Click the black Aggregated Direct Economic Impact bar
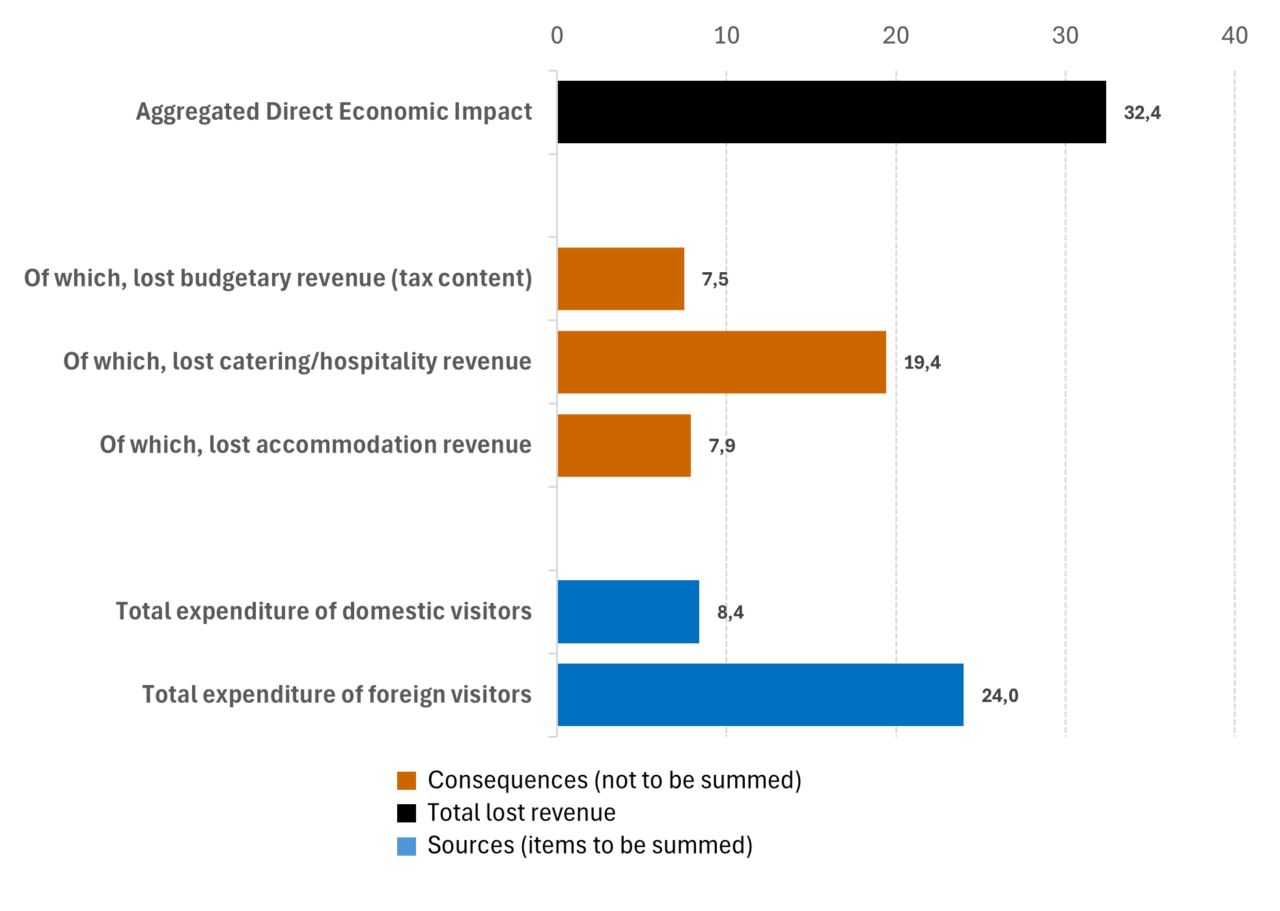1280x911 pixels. [831, 112]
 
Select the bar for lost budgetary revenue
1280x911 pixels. [620, 279]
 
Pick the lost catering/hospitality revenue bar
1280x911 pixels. [721, 362]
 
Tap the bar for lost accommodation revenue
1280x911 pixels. [624, 445]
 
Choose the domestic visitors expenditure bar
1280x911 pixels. [628, 612]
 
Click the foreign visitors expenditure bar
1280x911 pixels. [760, 695]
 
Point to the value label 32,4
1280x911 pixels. [1142, 113]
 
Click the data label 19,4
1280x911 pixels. [922, 363]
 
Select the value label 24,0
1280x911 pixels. [999, 696]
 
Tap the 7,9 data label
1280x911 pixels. [722, 446]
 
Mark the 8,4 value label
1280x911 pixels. [730, 613]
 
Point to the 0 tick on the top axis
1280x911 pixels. [557, 35]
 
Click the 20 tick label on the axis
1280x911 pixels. [896, 35]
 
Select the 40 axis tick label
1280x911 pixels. [1234, 35]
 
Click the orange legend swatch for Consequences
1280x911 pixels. [406, 781]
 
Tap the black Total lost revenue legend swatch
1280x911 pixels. [406, 813]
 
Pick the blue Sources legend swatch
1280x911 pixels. [406, 846]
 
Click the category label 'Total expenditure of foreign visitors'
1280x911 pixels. [337, 695]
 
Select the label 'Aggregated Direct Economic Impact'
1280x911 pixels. [334, 112]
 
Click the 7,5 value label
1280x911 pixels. [715, 279]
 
